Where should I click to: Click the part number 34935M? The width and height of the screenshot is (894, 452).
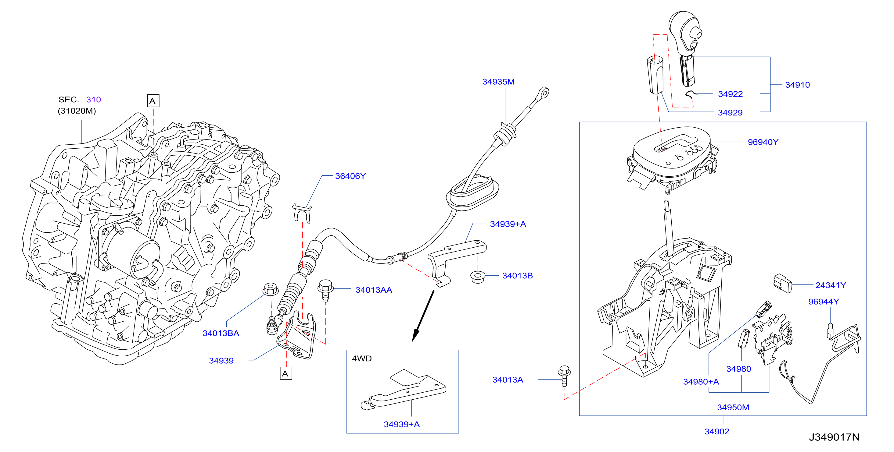pyautogui.click(x=498, y=82)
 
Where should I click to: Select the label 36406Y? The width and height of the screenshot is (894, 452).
pyautogui.click(x=350, y=176)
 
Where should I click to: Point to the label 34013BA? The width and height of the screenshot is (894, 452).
pyautogui.click(x=221, y=333)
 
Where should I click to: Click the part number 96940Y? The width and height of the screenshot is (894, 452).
pyautogui.click(x=763, y=142)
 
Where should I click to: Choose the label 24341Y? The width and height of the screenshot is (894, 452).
pyautogui.click(x=831, y=285)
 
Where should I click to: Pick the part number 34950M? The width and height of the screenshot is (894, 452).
pyautogui.click(x=733, y=407)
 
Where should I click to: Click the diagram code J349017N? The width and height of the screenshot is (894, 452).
pyautogui.click(x=834, y=437)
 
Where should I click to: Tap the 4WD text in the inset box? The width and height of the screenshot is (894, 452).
pyautogui.click(x=362, y=358)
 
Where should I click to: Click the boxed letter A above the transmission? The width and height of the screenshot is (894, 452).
pyautogui.click(x=153, y=101)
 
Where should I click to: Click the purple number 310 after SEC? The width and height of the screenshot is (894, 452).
pyautogui.click(x=93, y=100)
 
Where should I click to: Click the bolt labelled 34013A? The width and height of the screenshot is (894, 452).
pyautogui.click(x=564, y=375)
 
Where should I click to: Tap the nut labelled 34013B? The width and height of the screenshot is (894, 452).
pyautogui.click(x=478, y=277)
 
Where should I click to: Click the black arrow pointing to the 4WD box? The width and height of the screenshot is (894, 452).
pyautogui.click(x=423, y=316)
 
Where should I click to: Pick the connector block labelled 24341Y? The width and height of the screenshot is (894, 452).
pyautogui.click(x=783, y=284)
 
